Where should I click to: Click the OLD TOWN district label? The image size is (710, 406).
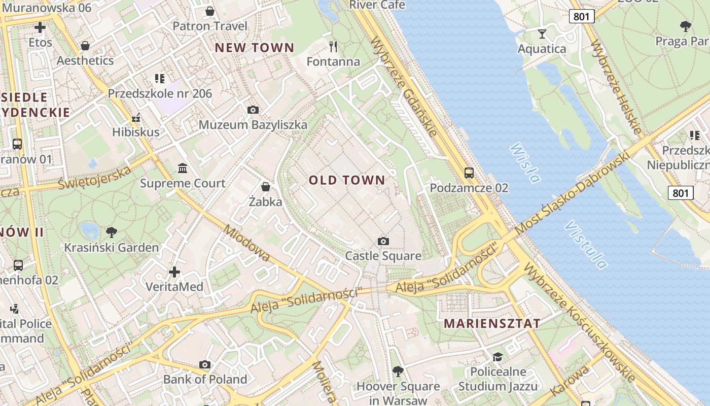point(347,180)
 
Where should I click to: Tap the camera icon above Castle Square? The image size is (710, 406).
point(383,241)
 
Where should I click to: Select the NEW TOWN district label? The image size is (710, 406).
point(254,48)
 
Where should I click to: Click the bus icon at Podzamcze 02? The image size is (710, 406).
point(469,173)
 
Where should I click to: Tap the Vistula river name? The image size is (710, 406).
point(586,244)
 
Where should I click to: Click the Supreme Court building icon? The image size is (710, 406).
point(183,168)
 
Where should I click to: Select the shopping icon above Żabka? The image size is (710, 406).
point(265,187)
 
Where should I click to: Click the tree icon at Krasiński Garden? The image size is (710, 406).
point(112,232)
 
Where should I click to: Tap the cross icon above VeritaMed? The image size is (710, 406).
point(174,272)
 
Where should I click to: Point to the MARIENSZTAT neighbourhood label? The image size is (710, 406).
point(492,323)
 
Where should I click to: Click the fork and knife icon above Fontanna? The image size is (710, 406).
point(333,47)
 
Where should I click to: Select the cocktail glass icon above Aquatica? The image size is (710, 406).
point(542,34)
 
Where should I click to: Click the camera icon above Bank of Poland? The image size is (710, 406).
point(205,364)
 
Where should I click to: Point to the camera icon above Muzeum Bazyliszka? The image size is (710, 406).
point(253,110)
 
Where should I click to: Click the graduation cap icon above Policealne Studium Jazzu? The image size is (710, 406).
point(498,357)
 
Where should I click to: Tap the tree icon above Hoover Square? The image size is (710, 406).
point(398,371)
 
